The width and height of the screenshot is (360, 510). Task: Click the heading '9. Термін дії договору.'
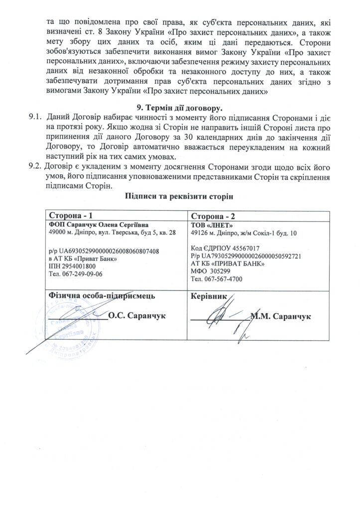point(180,108)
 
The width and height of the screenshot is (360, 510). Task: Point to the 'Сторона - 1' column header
point(70,215)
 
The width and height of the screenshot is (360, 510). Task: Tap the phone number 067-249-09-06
point(83,273)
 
